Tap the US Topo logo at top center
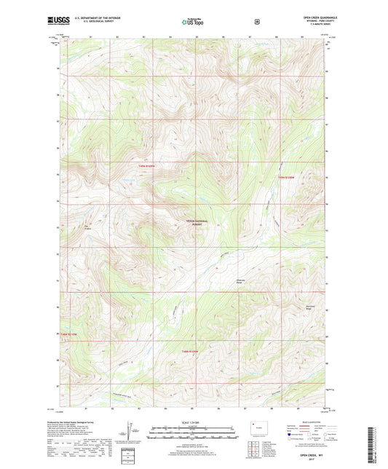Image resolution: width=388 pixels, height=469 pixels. pos(194,22)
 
